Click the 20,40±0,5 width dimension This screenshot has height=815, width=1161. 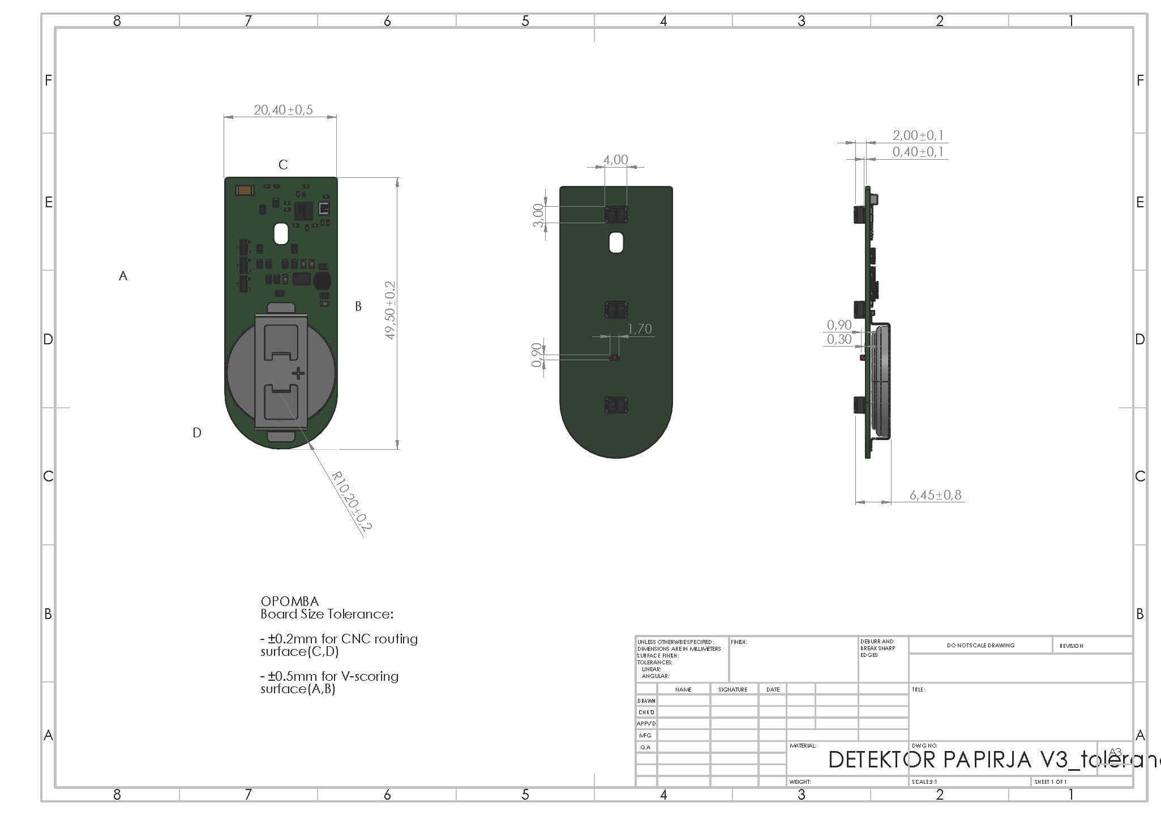point(283,110)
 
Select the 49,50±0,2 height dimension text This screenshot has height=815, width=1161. point(391,310)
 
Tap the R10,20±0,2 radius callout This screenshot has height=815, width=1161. point(352,502)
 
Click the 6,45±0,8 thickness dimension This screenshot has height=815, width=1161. point(935,495)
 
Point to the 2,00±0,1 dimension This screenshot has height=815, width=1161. point(918,135)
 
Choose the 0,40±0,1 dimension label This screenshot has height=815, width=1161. point(918,152)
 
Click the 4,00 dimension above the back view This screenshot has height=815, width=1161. point(615,160)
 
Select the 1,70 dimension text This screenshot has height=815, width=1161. point(640,329)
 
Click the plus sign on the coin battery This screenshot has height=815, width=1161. point(298,373)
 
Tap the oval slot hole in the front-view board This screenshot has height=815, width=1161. point(281,234)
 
